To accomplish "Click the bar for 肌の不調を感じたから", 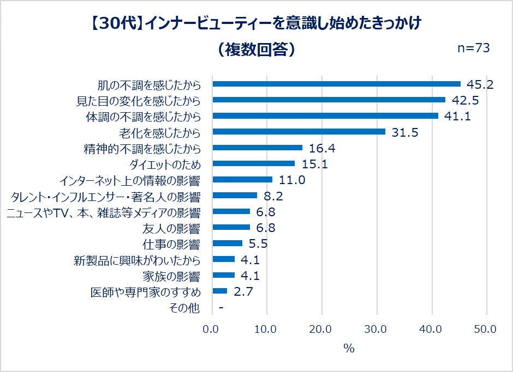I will tap(336, 84).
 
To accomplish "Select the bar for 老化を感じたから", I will tap(299, 132).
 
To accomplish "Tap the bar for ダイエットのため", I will tap(253, 163).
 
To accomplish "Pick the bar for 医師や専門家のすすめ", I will tap(219, 291).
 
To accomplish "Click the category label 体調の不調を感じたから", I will tap(143, 117).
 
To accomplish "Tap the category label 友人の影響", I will tap(172, 228).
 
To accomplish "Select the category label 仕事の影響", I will tap(172, 243).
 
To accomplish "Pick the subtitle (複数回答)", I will tap(256, 49).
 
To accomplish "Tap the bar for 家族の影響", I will tap(223, 275).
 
